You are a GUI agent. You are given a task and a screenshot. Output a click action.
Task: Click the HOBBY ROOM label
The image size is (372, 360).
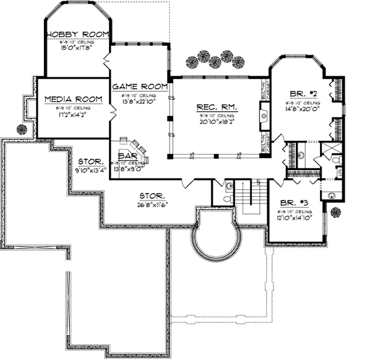(x=78, y=34)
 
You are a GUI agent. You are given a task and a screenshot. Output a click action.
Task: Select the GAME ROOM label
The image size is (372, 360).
(x=140, y=86)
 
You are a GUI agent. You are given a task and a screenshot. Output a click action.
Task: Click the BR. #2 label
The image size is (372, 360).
(x=302, y=94)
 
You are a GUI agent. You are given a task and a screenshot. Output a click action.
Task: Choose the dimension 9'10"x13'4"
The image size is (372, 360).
(x=91, y=167)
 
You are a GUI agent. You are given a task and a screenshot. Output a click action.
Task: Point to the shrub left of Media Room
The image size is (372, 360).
(x=22, y=129)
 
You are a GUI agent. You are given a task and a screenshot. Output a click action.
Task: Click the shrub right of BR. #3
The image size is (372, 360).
(x=335, y=212)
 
